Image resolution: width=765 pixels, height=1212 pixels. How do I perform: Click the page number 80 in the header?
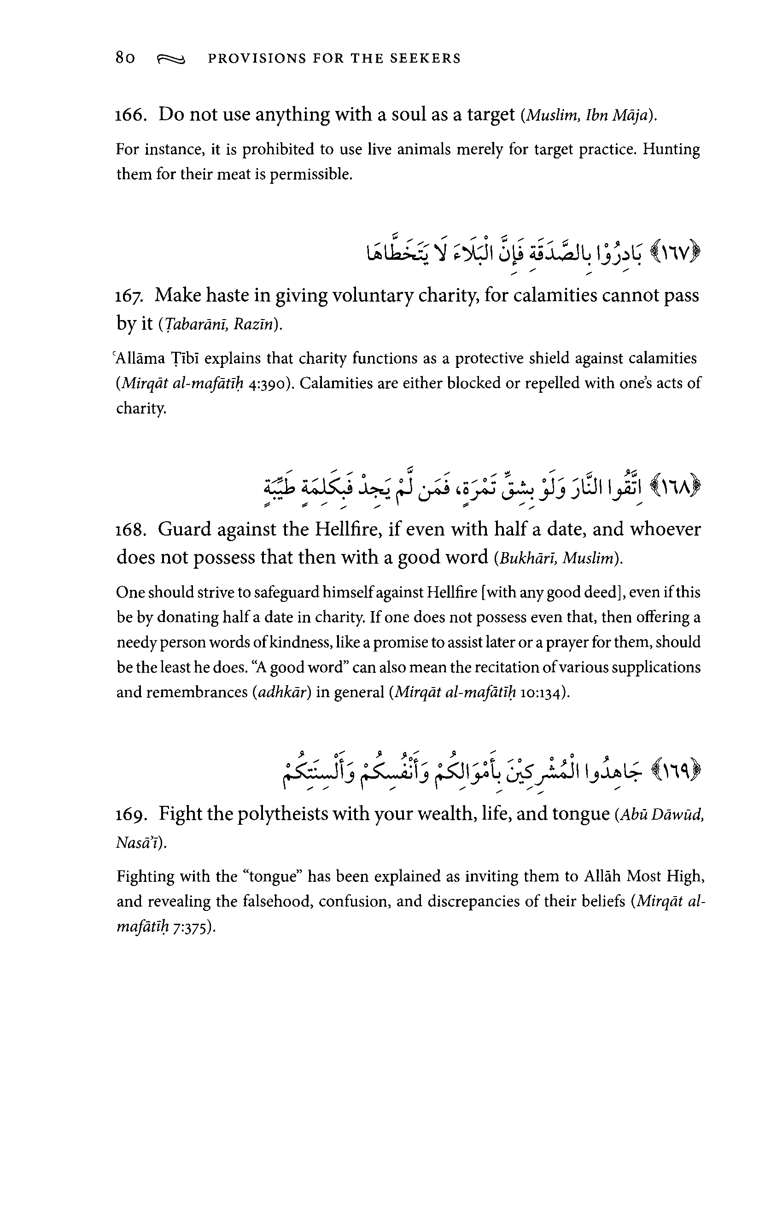(x=125, y=58)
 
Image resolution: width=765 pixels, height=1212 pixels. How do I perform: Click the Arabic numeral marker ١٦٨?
(x=677, y=487)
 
